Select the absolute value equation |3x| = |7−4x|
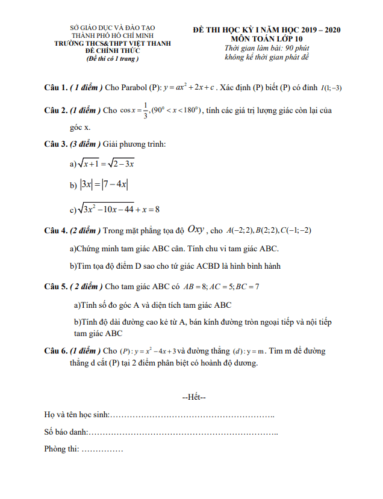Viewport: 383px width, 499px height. tap(104, 186)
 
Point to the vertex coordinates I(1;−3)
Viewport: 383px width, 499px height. tap(331, 88)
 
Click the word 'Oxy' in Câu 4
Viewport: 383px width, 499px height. tap(196, 229)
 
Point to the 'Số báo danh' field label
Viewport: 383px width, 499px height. tap(66, 432)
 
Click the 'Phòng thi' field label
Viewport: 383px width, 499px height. tap(61, 449)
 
